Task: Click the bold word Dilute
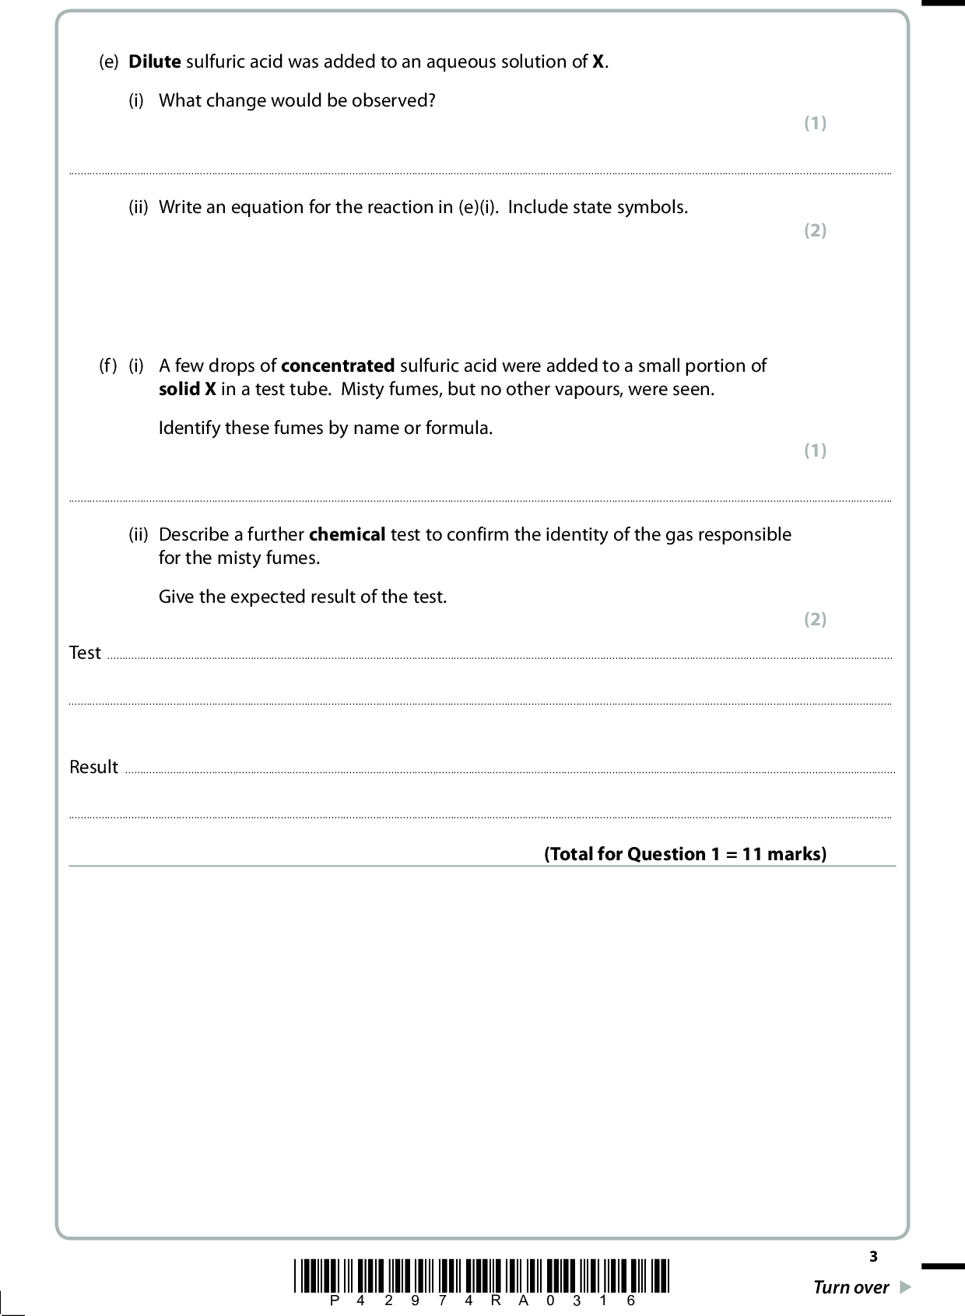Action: coord(154,62)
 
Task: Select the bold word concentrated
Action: coord(338,366)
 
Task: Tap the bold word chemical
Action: coord(347,534)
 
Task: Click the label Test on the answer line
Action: coord(85,653)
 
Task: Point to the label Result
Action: coord(93,767)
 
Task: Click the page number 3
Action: coord(873,1256)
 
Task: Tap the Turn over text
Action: coord(851,1287)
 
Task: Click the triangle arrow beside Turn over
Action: coord(904,1287)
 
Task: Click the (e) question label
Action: coord(108,62)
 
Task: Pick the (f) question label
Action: coord(108,366)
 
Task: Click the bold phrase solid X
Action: coord(187,389)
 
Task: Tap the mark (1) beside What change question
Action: coord(815,123)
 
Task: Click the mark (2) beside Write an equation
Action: coord(815,230)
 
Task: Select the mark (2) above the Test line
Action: coord(815,619)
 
